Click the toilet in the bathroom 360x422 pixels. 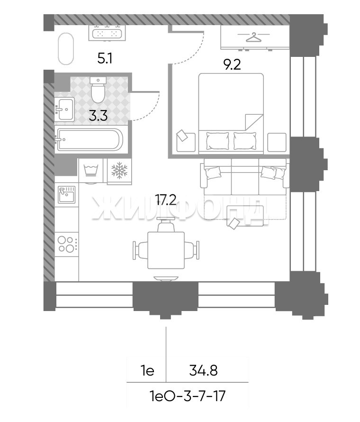98,89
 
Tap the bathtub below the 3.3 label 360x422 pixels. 90,140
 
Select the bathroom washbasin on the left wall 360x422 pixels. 64,109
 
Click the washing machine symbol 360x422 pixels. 90,171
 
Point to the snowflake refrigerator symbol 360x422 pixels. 119,170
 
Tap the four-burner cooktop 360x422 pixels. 67,244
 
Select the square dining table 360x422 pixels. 166,250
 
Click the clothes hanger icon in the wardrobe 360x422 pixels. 253,37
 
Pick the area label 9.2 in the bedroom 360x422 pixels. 232,64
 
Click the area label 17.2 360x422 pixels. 166,200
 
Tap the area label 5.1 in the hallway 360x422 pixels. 105,58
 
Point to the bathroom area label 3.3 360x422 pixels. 98,116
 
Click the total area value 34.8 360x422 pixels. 203,371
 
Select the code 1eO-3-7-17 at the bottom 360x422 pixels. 188,396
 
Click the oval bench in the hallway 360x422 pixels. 65,49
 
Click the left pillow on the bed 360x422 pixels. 217,141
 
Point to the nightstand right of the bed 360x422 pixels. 277,142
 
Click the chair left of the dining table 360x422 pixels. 140,250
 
